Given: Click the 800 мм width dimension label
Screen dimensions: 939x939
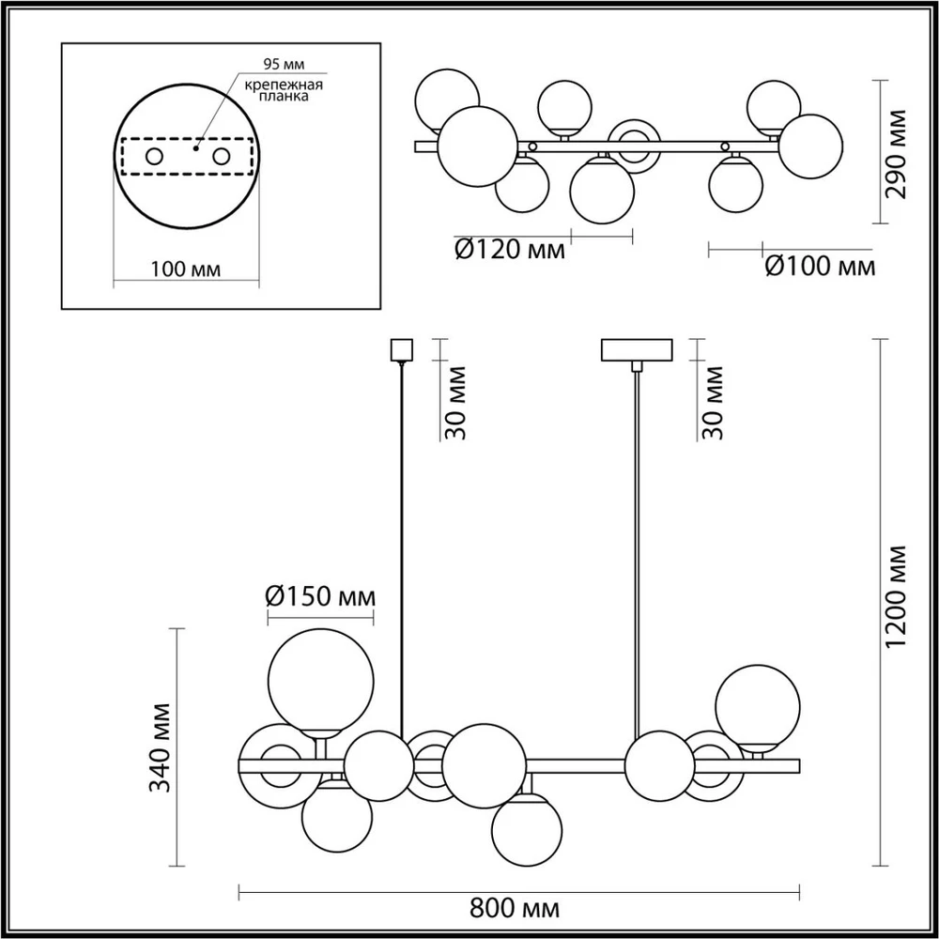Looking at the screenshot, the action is point(515,908).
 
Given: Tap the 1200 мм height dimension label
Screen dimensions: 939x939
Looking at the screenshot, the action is point(897,597).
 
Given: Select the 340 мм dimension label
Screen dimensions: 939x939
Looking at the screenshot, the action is point(160,747).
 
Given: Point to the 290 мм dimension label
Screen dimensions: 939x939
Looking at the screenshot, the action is point(897,154).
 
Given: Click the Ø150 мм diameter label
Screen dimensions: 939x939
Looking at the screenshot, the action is point(320,596).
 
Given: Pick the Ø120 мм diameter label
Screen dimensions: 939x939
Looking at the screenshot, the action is point(510,249).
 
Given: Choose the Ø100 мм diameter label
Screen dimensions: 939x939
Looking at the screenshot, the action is point(820,267).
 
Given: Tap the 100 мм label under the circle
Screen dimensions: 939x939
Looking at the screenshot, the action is point(186,269).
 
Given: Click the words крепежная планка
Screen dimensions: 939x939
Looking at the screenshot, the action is point(284,90).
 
